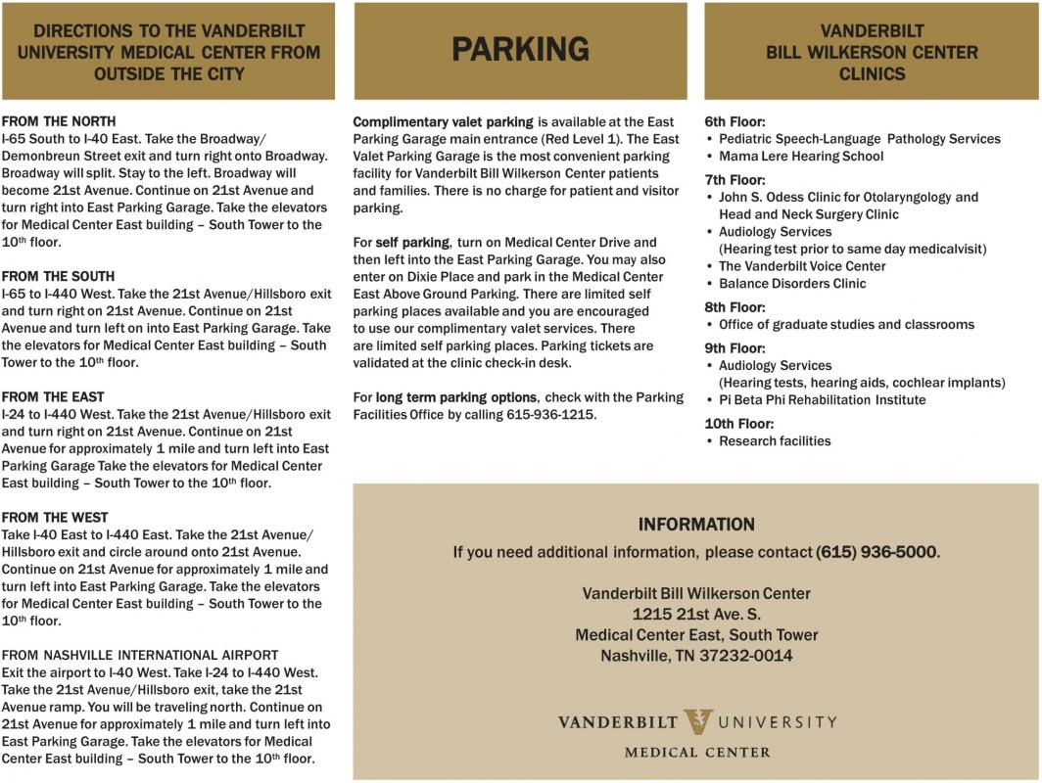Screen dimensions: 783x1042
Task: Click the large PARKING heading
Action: pyautogui.click(x=520, y=50)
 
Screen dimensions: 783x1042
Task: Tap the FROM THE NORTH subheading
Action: pyautogui.click(x=59, y=121)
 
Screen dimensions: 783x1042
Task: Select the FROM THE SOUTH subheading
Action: pyautogui.click(x=59, y=276)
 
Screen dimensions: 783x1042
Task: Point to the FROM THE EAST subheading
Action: pyautogui.click(x=53, y=397)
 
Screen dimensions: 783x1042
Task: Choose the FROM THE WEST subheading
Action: pyautogui.click(x=55, y=518)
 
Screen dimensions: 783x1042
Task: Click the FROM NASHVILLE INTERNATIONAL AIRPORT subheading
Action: pyautogui.click(x=140, y=656)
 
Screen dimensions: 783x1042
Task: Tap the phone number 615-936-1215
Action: pyautogui.click(x=551, y=415)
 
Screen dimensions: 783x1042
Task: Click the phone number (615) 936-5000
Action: pyautogui.click(x=876, y=552)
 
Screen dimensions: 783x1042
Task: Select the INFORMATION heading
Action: pyautogui.click(x=696, y=525)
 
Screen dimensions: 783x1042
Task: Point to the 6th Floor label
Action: pyautogui.click(x=734, y=122)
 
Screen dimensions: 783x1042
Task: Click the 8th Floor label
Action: pyautogui.click(x=734, y=307)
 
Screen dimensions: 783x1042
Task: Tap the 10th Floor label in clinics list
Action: pyautogui.click(x=738, y=424)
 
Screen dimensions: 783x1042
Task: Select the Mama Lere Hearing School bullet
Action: pyautogui.click(x=801, y=157)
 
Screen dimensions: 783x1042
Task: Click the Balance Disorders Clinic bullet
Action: pyautogui.click(x=792, y=284)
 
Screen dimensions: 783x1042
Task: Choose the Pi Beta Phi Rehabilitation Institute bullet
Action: pyautogui.click(x=822, y=400)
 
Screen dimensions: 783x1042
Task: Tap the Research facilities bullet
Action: pyautogui.click(x=775, y=441)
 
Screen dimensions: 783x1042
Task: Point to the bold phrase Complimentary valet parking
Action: pyautogui.click(x=443, y=122)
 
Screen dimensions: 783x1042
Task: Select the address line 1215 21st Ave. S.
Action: pyautogui.click(x=696, y=615)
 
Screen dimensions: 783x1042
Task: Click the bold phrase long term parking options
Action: pyautogui.click(x=456, y=397)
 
